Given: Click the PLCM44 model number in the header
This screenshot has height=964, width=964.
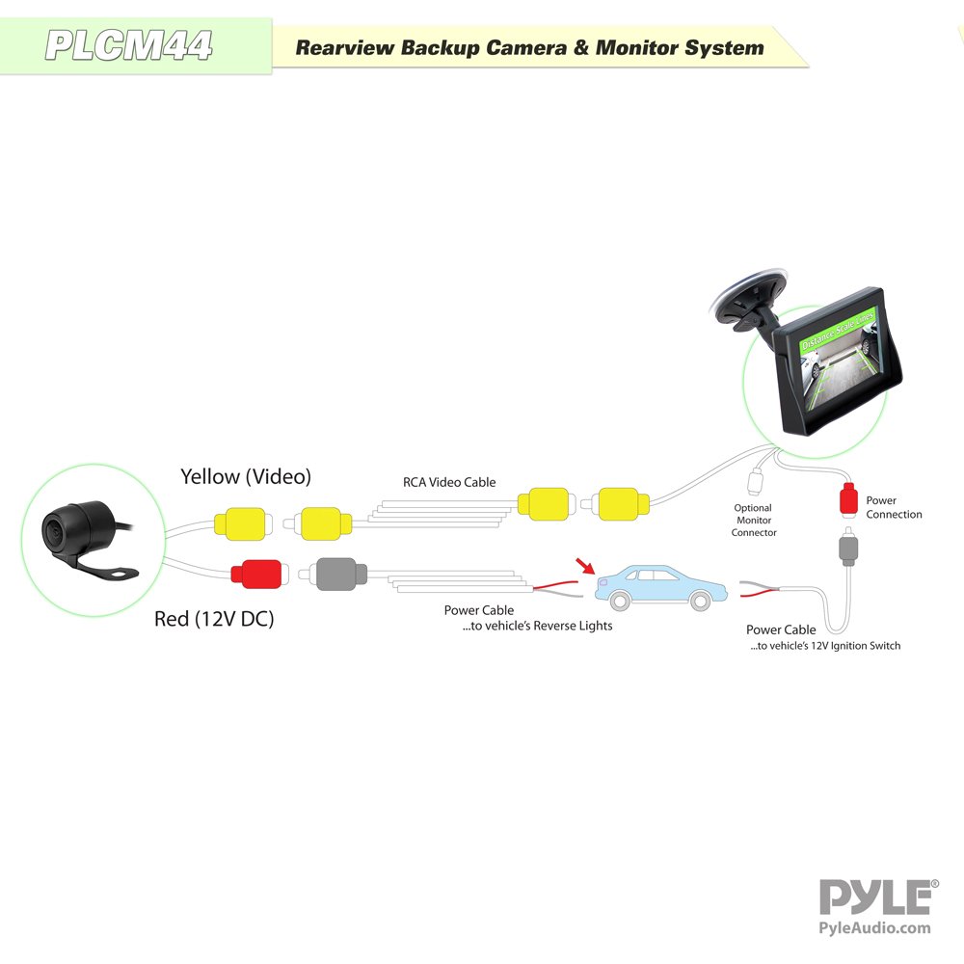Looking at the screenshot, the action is [x=128, y=45].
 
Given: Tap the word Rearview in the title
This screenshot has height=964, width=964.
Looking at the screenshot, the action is [x=344, y=48].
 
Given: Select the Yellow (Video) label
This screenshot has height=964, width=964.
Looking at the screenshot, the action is [x=246, y=476].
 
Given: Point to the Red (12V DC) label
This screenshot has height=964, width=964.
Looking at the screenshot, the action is [x=214, y=619].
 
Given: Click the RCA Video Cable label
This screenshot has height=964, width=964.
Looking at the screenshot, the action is [x=449, y=483].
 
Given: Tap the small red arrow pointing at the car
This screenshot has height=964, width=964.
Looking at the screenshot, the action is [x=585, y=566].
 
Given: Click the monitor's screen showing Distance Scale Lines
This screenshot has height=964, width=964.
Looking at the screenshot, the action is [x=840, y=361].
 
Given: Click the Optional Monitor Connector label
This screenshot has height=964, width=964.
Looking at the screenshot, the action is [x=754, y=521].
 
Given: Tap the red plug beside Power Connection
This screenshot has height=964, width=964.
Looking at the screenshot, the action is [x=848, y=498].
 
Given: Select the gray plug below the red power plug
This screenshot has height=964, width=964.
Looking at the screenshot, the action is [x=848, y=546].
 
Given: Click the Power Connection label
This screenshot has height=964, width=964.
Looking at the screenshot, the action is [x=894, y=507].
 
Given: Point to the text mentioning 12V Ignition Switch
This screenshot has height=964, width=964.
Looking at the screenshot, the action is [x=825, y=646].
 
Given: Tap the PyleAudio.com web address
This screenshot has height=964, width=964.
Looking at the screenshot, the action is [x=875, y=928].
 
